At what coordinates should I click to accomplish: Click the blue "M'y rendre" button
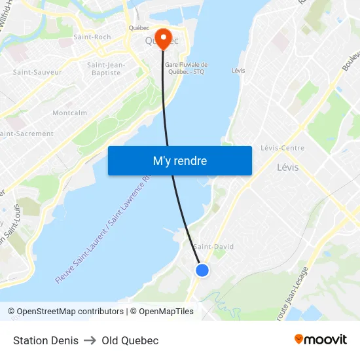pyautogui.click(x=179, y=160)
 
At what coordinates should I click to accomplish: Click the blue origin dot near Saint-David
pyautogui.click(x=202, y=270)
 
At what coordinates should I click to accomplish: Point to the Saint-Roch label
pyautogui.click(x=92, y=37)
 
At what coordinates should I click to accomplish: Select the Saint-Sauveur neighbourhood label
pyautogui.click(x=37, y=72)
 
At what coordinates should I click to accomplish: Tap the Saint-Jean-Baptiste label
pyautogui.click(x=106, y=69)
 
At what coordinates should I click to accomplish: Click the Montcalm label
pyautogui.click(x=69, y=113)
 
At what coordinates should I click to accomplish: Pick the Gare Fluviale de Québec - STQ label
pyautogui.click(x=186, y=68)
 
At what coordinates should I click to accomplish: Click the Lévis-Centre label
pyautogui.click(x=282, y=148)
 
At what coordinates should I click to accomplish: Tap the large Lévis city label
pyautogui.click(x=287, y=167)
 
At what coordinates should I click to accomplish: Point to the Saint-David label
pyautogui.click(x=214, y=247)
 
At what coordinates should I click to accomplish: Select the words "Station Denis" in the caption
pyautogui.click(x=46, y=340)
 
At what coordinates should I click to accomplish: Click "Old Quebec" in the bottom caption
pyautogui.click(x=130, y=340)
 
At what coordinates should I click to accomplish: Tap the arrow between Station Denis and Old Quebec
pyautogui.click(x=90, y=340)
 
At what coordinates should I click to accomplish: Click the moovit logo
pyautogui.click(x=321, y=339)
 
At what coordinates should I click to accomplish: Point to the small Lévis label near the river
pyautogui.click(x=238, y=71)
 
